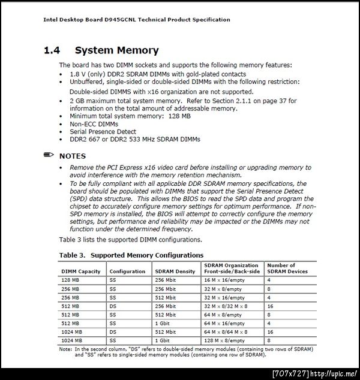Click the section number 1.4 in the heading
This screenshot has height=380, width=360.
tap(52, 51)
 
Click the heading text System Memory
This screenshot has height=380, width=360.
tap(116, 51)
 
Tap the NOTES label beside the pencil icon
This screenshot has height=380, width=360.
tap(72, 156)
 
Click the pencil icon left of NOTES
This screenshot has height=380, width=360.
tap(49, 155)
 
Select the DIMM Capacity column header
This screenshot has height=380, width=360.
tap(81, 272)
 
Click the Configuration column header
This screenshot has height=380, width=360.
tap(127, 272)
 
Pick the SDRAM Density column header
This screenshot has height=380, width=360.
tap(175, 272)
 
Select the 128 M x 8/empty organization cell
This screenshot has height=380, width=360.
tap(223, 340)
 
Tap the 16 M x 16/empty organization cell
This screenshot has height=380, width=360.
tap(223, 280)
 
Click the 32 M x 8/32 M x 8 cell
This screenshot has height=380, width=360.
tap(226, 306)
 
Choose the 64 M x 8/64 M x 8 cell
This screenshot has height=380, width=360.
tap(226, 331)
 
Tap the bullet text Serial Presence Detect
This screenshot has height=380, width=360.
tap(103, 131)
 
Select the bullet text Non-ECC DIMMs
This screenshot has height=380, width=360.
tap(94, 124)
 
